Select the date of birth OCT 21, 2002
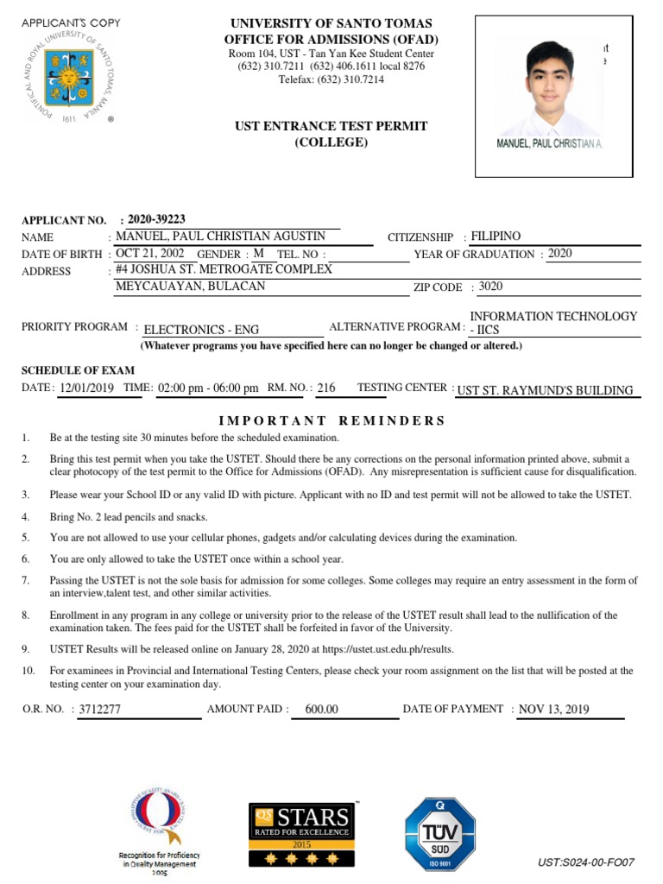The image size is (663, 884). pyautogui.click(x=150, y=254)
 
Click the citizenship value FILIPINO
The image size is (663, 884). pyautogui.click(x=496, y=236)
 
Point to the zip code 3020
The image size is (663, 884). pyautogui.click(x=491, y=287)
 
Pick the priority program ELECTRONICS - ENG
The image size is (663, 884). pyautogui.click(x=201, y=329)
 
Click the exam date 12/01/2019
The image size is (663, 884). pyautogui.click(x=87, y=388)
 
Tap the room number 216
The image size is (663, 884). pyautogui.click(x=326, y=388)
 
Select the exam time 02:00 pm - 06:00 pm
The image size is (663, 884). pyautogui.click(x=208, y=388)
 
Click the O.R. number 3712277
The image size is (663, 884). pyautogui.click(x=100, y=710)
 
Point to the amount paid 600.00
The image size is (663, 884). pyautogui.click(x=322, y=710)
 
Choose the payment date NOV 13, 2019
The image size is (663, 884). pyautogui.click(x=553, y=710)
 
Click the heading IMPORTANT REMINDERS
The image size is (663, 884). pyautogui.click(x=331, y=420)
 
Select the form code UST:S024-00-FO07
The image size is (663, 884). pyautogui.click(x=586, y=862)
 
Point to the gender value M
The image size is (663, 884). pyautogui.click(x=258, y=254)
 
